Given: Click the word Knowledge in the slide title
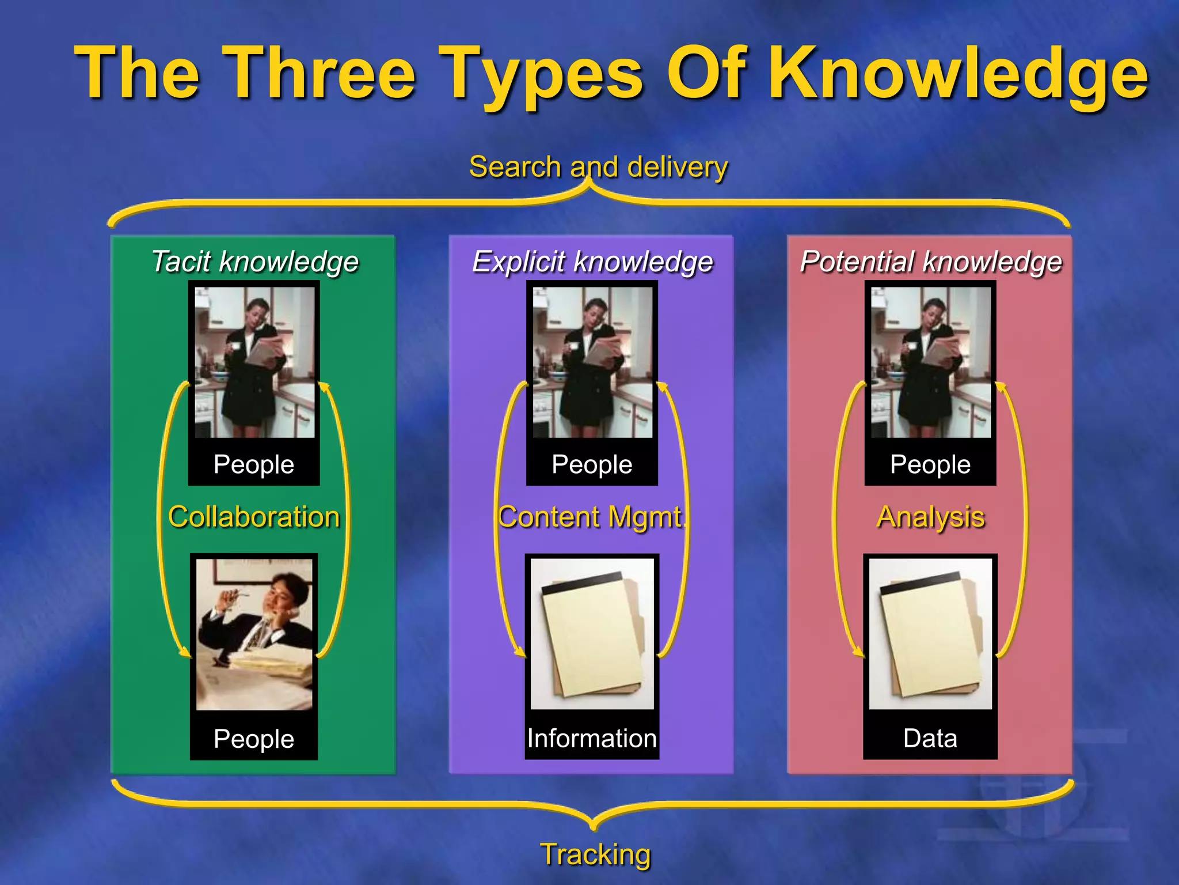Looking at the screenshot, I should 958,74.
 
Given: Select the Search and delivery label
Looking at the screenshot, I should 598,167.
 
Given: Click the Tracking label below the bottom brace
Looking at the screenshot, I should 595,854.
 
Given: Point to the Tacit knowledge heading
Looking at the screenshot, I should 254,262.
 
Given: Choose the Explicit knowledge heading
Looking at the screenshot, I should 592,262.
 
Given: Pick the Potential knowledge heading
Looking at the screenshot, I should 931,262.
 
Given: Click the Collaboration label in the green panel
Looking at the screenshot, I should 254,516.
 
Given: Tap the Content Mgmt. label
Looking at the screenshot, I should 592,516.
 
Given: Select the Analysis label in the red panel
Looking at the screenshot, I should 930,516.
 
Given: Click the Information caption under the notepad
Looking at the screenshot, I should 592,739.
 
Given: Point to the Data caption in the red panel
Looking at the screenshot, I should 930,739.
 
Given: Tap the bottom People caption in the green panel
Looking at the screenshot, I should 254,739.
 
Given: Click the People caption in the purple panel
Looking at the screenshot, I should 592,464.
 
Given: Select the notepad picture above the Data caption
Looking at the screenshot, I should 930,633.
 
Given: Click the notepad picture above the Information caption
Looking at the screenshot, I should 592,633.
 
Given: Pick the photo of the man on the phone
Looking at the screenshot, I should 254,634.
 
